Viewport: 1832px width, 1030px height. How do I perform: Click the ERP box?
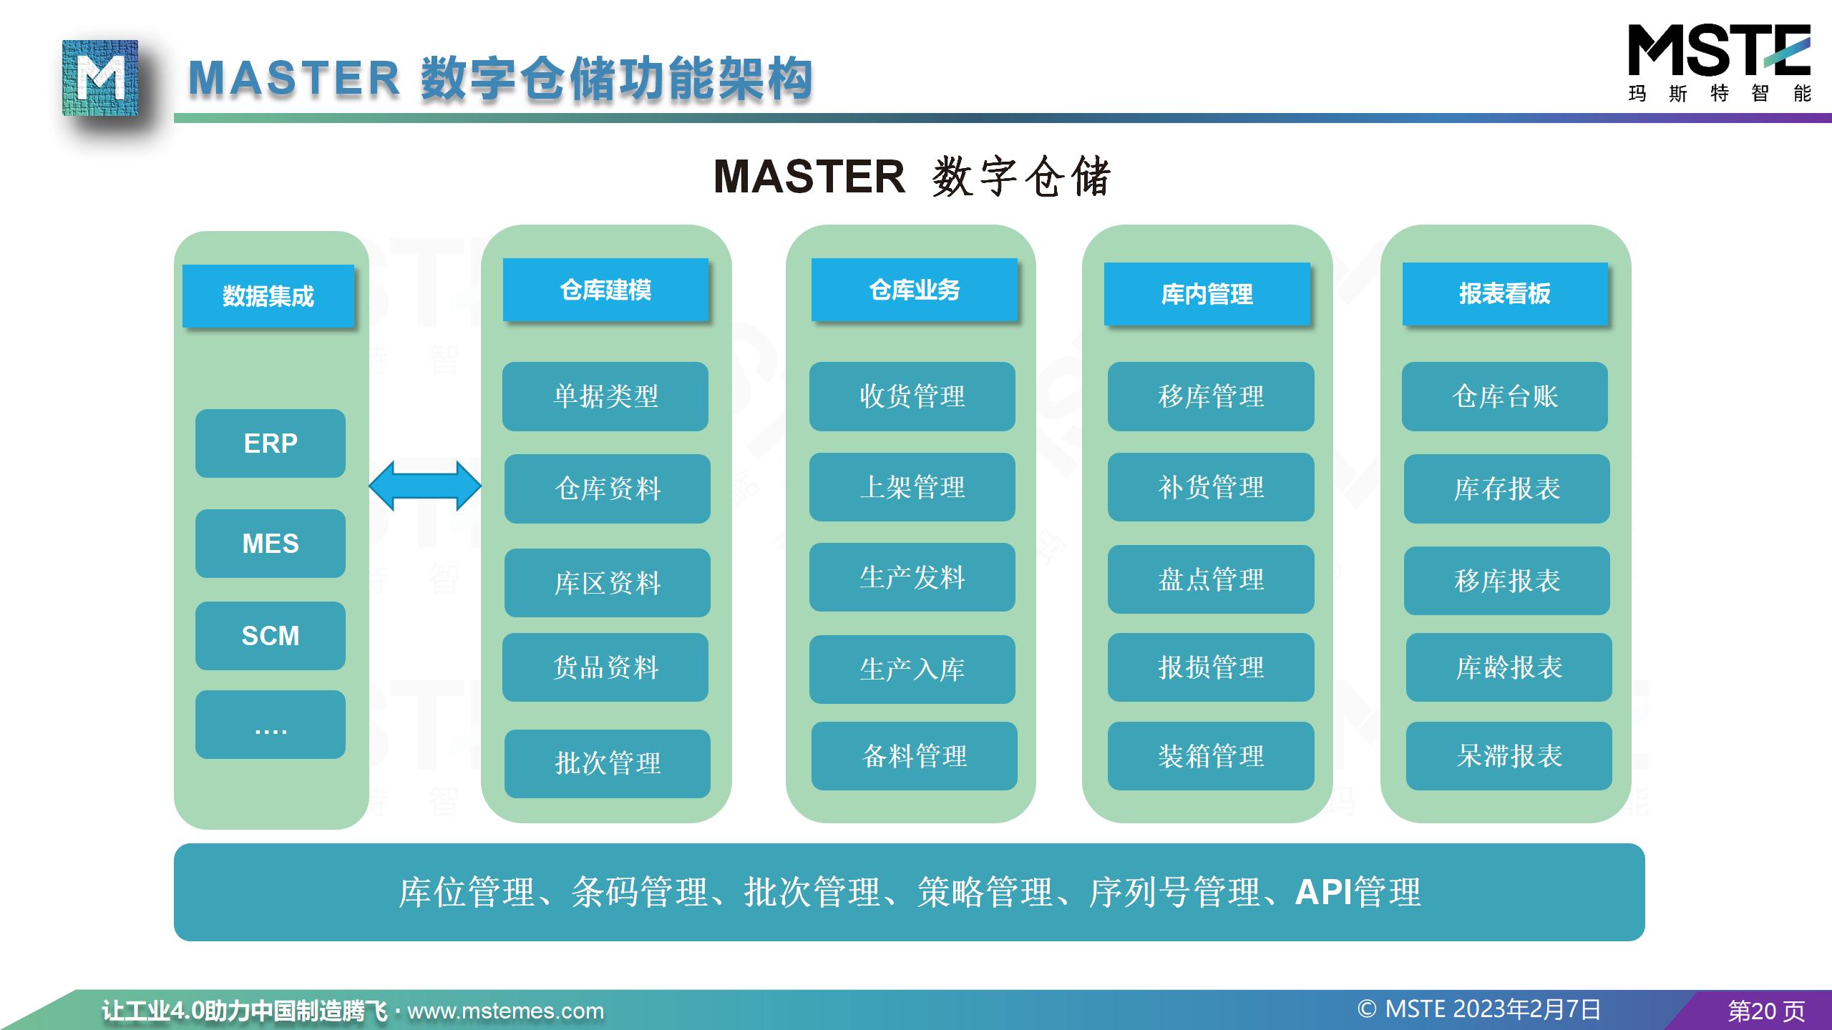point(270,443)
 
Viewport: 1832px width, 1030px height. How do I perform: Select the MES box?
point(270,544)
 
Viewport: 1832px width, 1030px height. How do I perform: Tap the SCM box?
point(270,636)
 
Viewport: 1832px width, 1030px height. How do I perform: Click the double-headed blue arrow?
point(425,486)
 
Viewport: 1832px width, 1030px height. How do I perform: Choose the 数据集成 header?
point(268,296)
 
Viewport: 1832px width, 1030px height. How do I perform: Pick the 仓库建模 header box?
point(605,290)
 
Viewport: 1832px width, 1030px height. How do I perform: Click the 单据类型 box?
point(605,396)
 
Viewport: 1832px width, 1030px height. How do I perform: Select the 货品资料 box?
point(605,667)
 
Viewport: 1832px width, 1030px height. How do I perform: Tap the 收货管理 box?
point(912,396)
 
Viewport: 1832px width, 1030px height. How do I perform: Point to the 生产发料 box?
point(912,577)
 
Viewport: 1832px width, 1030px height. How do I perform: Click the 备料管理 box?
point(914,756)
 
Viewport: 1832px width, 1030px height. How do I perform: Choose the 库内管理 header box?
point(1207,294)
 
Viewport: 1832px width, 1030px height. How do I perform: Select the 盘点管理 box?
point(1211,579)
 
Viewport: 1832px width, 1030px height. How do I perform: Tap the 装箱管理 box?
point(1211,756)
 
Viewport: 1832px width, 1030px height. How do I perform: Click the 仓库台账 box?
point(1504,396)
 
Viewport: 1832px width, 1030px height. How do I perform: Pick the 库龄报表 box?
point(1509,667)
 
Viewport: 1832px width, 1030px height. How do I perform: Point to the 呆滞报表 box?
point(1509,756)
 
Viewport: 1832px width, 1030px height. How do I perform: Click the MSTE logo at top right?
point(1719,63)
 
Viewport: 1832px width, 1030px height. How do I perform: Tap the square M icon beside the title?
point(100,78)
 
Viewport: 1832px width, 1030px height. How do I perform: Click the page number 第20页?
point(1766,1011)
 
